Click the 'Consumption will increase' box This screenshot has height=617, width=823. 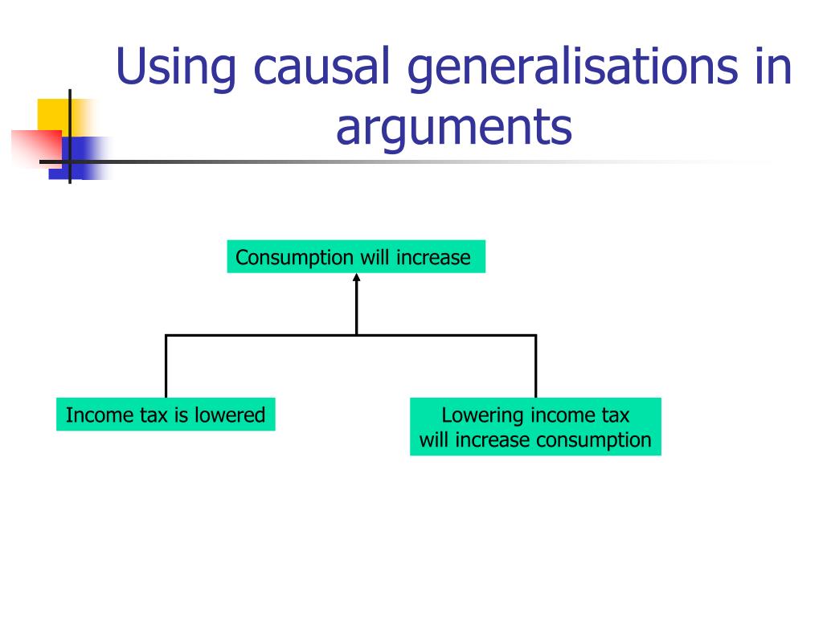pos(356,257)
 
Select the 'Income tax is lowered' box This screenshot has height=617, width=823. pos(166,415)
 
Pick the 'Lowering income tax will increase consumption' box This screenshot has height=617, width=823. pos(535,427)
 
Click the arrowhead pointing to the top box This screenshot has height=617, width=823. pos(356,278)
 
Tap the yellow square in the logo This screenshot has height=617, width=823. pos(50,112)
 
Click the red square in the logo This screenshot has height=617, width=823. pos(32,149)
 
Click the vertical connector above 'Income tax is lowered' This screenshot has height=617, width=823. pos(166,366)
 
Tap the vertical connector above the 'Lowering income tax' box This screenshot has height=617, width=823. pos(535,366)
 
